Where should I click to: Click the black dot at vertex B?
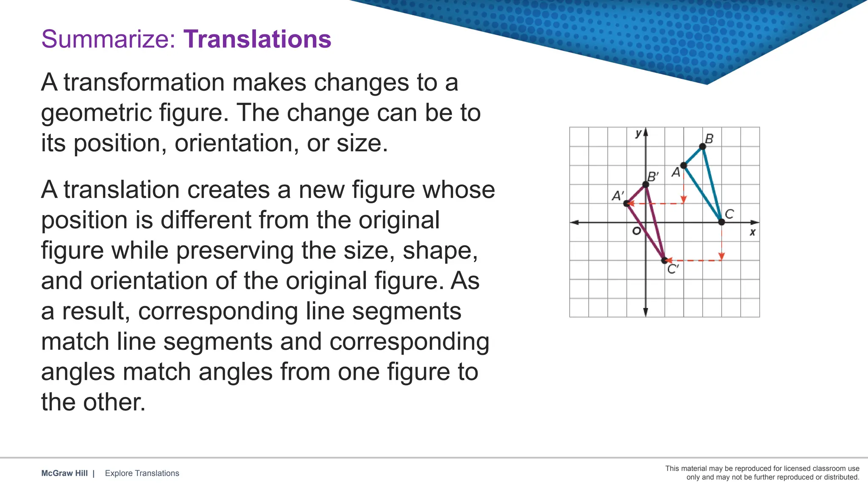702,147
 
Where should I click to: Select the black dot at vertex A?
684,166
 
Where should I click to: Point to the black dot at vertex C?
721,222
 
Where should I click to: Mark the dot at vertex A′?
626,204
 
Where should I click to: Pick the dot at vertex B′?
645,185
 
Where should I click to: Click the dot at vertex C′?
665,260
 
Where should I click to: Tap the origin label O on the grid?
636,231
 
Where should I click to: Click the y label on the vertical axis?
638,133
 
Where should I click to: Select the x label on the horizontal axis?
752,232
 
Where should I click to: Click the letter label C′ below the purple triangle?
673,269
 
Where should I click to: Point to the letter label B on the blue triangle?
709,139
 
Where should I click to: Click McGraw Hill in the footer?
64,473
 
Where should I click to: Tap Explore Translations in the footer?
142,473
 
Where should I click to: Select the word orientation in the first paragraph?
234,143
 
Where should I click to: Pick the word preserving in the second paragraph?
234,250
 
